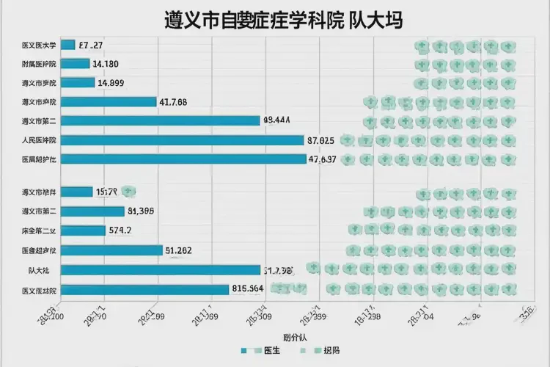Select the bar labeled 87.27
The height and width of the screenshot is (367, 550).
coord(68,45)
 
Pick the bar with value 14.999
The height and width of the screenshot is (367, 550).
coord(78,83)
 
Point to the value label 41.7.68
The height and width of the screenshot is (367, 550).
coord(173,102)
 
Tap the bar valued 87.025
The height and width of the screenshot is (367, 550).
coord(183,139)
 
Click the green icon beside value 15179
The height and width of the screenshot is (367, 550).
coord(129,192)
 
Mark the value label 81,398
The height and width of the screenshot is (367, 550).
coord(140,211)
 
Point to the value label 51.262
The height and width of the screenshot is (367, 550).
coord(178,250)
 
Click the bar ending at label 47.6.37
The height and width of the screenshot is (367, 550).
coord(183,159)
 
